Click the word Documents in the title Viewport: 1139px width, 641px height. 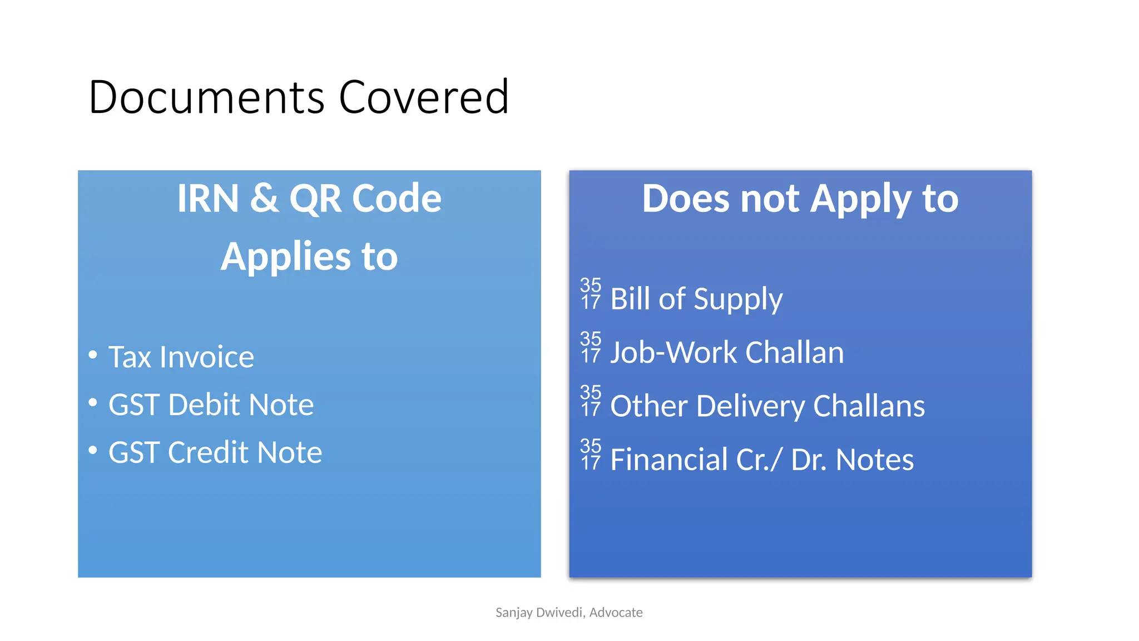pos(206,97)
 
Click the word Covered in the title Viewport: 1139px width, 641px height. pos(423,97)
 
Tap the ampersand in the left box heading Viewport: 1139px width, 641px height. pos(264,198)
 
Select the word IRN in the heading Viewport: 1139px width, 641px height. pos(208,198)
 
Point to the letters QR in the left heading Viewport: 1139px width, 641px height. pos(315,198)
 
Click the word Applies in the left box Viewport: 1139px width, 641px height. pos(285,257)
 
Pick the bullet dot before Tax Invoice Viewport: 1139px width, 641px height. pos(93,354)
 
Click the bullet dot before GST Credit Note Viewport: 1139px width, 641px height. pos(93,450)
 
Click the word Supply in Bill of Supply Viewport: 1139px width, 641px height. pos(738,299)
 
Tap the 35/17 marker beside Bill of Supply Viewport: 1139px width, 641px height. pos(591,294)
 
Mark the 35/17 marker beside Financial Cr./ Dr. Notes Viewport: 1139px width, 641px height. pos(591,454)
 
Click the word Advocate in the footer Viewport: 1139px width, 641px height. pos(616,613)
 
